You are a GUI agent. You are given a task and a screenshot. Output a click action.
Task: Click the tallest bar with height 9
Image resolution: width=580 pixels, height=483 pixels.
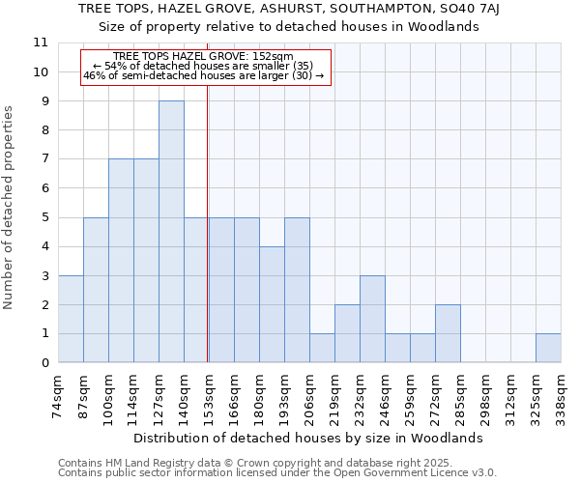point(171,232)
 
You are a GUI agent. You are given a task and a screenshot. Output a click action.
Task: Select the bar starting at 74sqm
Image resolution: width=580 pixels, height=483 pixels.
point(71,319)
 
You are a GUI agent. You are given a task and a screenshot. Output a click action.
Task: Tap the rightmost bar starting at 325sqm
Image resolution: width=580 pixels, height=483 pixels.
point(548,348)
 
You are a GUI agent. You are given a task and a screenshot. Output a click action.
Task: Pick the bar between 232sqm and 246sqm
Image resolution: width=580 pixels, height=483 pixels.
point(372,319)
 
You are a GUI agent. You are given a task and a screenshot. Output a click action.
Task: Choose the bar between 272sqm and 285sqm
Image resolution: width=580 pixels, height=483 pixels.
point(448,333)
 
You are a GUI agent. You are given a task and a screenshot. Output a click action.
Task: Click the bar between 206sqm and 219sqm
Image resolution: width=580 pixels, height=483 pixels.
point(322,348)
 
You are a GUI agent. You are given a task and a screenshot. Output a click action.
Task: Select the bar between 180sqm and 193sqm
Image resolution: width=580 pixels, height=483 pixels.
point(272,304)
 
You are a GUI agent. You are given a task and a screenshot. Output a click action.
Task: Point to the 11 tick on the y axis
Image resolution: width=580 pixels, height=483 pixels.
point(41,43)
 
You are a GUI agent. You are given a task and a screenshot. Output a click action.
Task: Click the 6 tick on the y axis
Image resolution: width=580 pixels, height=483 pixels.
point(43,188)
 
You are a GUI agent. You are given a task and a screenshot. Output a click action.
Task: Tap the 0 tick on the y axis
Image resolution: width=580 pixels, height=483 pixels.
point(43,363)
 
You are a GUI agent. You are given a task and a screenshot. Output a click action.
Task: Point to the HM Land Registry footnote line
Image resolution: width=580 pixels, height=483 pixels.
point(242,463)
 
